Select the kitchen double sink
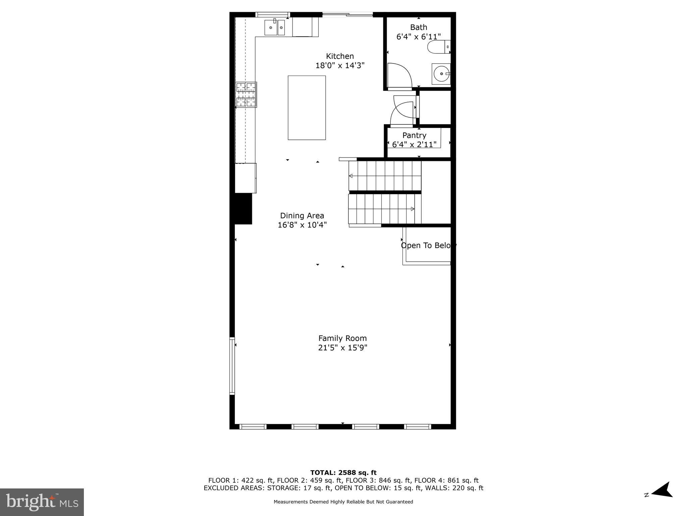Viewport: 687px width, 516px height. point(275,28)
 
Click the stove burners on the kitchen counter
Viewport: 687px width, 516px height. point(246,95)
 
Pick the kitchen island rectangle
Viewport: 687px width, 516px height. point(307,107)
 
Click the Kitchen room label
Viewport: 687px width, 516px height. point(340,56)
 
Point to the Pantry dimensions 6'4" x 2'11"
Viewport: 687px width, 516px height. point(414,144)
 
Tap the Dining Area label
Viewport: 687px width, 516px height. point(302,216)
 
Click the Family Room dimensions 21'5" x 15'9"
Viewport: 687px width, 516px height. point(342,348)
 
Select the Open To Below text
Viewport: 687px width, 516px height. point(428,246)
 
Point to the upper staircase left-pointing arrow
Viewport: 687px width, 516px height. point(351,176)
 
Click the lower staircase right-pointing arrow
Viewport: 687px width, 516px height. point(412,209)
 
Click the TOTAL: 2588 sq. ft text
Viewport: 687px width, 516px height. point(343,473)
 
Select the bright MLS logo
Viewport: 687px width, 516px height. point(42,502)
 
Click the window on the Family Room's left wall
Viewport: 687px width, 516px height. point(232,365)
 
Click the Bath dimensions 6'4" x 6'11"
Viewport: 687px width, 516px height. point(418,37)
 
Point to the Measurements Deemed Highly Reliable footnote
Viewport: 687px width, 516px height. point(343,502)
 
